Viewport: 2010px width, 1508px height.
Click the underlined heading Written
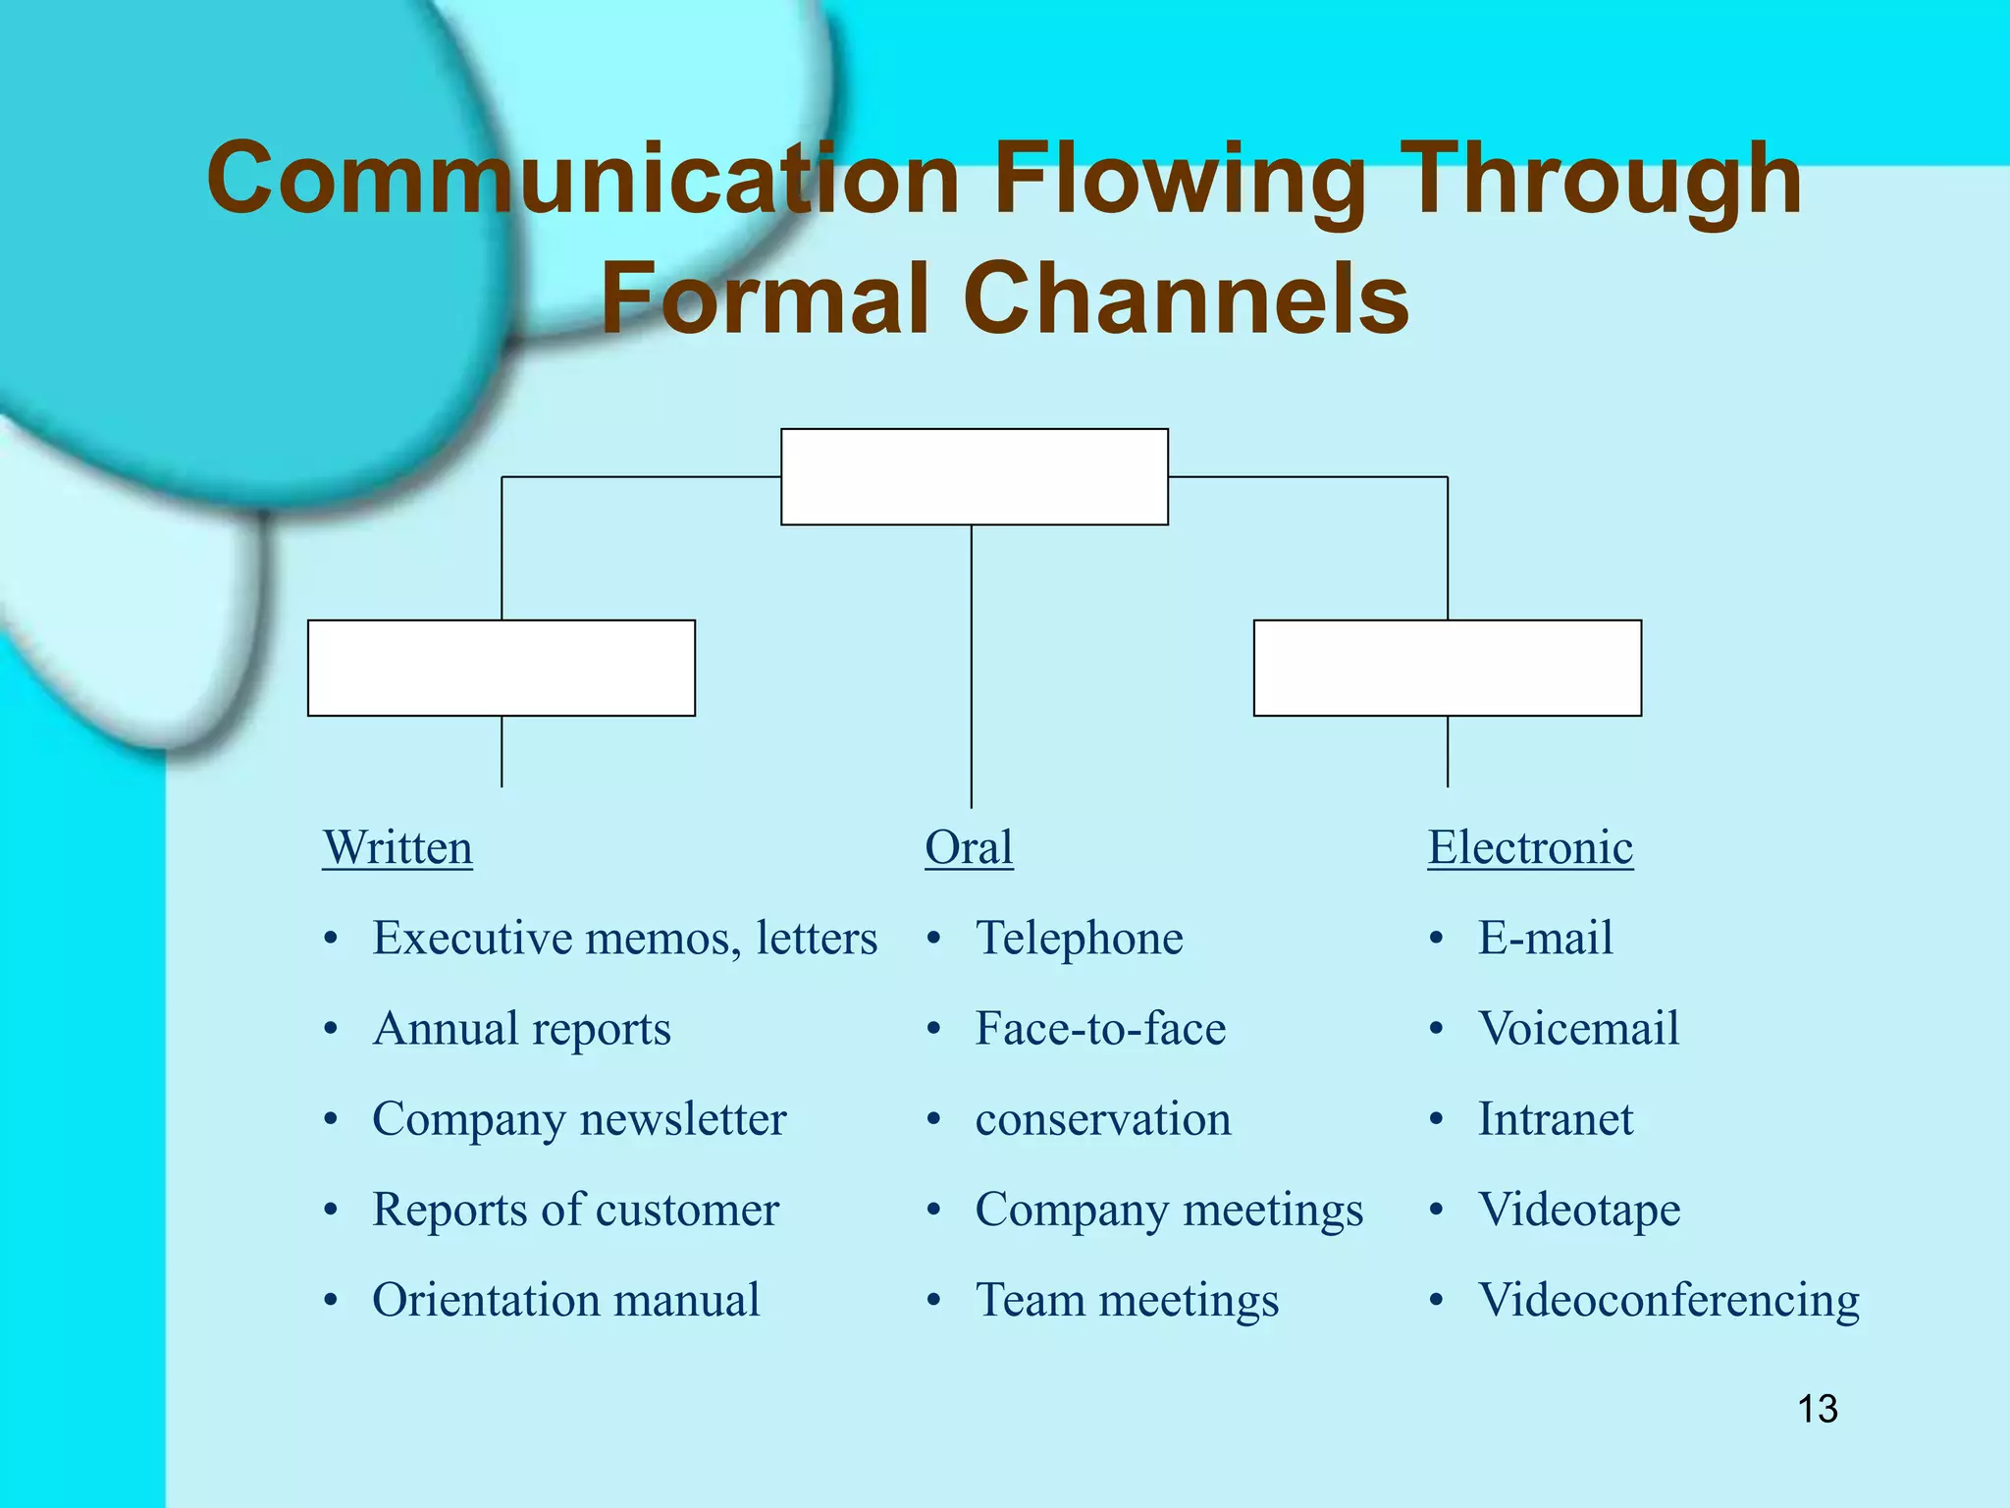pos(397,847)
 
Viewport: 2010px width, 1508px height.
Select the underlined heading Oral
pos(969,847)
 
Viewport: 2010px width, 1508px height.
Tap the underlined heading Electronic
pos(1530,847)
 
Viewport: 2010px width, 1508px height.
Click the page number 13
pos(1817,1409)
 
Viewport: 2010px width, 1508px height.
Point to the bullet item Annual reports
pos(521,1029)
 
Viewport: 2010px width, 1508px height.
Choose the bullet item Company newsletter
pos(579,1119)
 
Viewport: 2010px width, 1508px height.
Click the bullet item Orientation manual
pos(566,1300)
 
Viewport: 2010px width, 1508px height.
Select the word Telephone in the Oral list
pos(1079,938)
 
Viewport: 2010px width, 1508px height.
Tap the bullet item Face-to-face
pos(1100,1029)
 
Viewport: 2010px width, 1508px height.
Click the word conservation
pos(1103,1119)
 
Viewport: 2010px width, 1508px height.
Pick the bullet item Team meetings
pos(1127,1300)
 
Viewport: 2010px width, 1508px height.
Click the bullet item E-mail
pos(1545,938)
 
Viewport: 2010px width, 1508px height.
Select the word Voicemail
pos(1578,1029)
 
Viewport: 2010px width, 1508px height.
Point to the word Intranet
pos(1556,1119)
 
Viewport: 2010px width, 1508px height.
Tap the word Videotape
pos(1579,1210)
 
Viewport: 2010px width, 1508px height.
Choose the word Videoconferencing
pos(1668,1300)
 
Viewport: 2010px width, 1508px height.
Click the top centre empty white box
pos(974,477)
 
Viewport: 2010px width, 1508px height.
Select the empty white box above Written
pos(502,668)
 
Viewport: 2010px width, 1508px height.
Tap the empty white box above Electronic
pos(1448,668)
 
